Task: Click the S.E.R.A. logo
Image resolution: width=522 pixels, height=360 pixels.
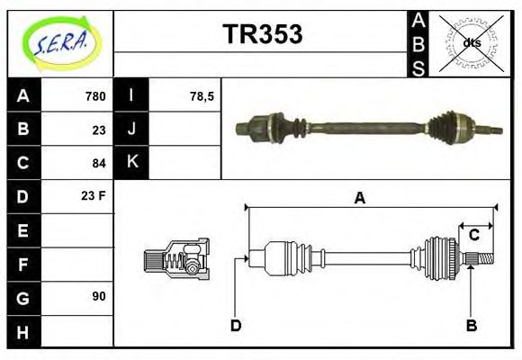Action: (x=61, y=42)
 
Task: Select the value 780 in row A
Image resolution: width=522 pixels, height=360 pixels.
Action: (x=94, y=96)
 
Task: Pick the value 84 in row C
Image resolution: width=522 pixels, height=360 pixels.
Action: (x=99, y=163)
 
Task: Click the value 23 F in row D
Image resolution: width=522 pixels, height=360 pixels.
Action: (x=94, y=195)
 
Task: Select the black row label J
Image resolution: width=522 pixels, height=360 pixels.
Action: (x=132, y=129)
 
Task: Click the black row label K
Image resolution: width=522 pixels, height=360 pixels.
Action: (x=132, y=162)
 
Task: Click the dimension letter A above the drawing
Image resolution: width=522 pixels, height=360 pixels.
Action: (x=360, y=198)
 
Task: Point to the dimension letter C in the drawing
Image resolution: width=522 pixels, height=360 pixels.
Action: (x=473, y=236)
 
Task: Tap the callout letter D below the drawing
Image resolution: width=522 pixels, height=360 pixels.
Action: (x=236, y=325)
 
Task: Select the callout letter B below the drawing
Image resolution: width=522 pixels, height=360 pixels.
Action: (x=471, y=325)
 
